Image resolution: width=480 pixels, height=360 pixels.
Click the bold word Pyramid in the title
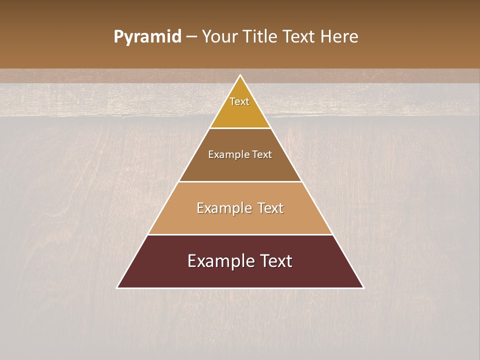tap(147, 37)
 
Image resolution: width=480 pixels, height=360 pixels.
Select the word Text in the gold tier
tap(239, 101)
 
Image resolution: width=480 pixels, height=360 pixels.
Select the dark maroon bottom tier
tap(240, 275)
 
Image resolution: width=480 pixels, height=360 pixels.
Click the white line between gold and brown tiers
tap(240, 128)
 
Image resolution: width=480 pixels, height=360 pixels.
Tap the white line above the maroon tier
tap(240, 234)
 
